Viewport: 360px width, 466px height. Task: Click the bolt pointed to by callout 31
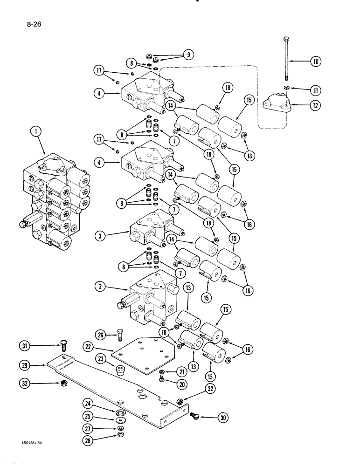tap(64, 346)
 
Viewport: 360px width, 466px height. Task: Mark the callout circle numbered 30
tap(222, 418)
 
